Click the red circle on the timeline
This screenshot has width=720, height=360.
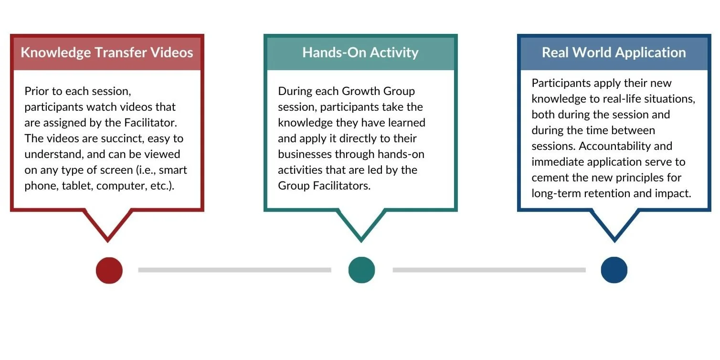(109, 270)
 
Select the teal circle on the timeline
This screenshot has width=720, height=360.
(361, 270)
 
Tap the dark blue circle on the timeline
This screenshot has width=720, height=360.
(614, 270)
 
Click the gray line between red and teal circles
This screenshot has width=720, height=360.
(234, 270)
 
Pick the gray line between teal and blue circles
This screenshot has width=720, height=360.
(489, 270)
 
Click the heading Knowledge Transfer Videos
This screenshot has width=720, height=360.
(107, 53)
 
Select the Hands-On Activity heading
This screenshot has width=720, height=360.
(360, 53)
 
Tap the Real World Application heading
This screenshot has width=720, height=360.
(614, 53)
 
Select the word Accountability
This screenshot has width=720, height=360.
(625, 146)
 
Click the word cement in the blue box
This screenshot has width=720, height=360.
(549, 178)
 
